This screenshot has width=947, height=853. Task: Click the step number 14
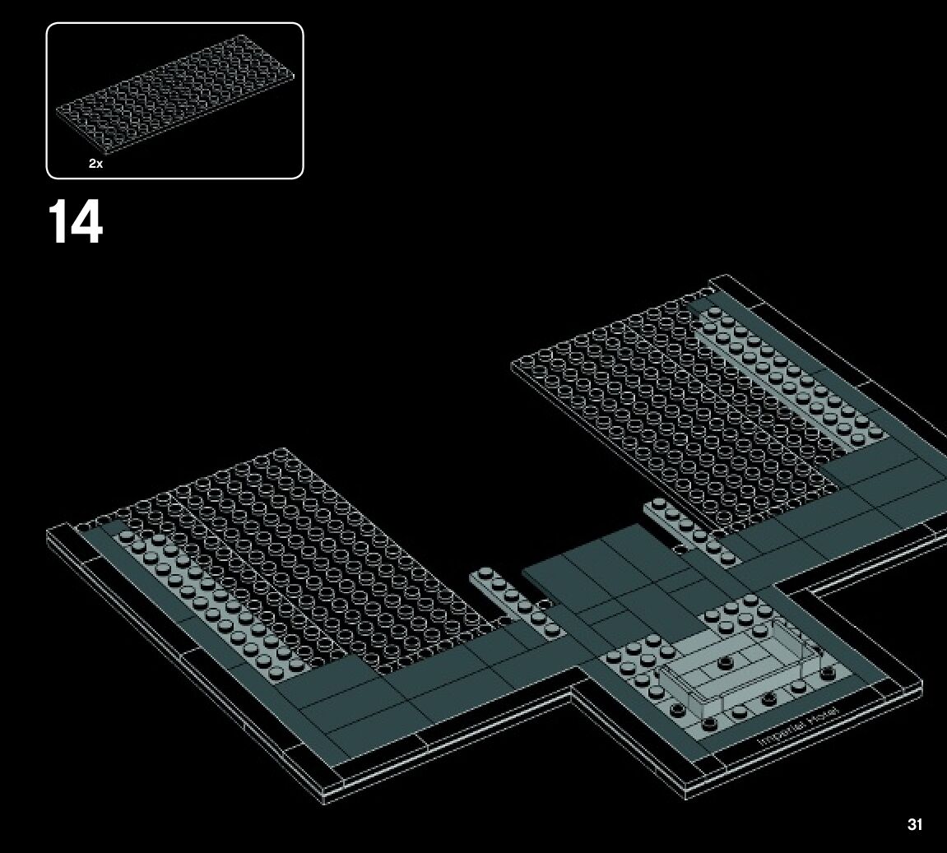75,222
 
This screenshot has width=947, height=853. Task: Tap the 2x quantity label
95,164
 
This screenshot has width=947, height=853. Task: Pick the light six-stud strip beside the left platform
515,603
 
